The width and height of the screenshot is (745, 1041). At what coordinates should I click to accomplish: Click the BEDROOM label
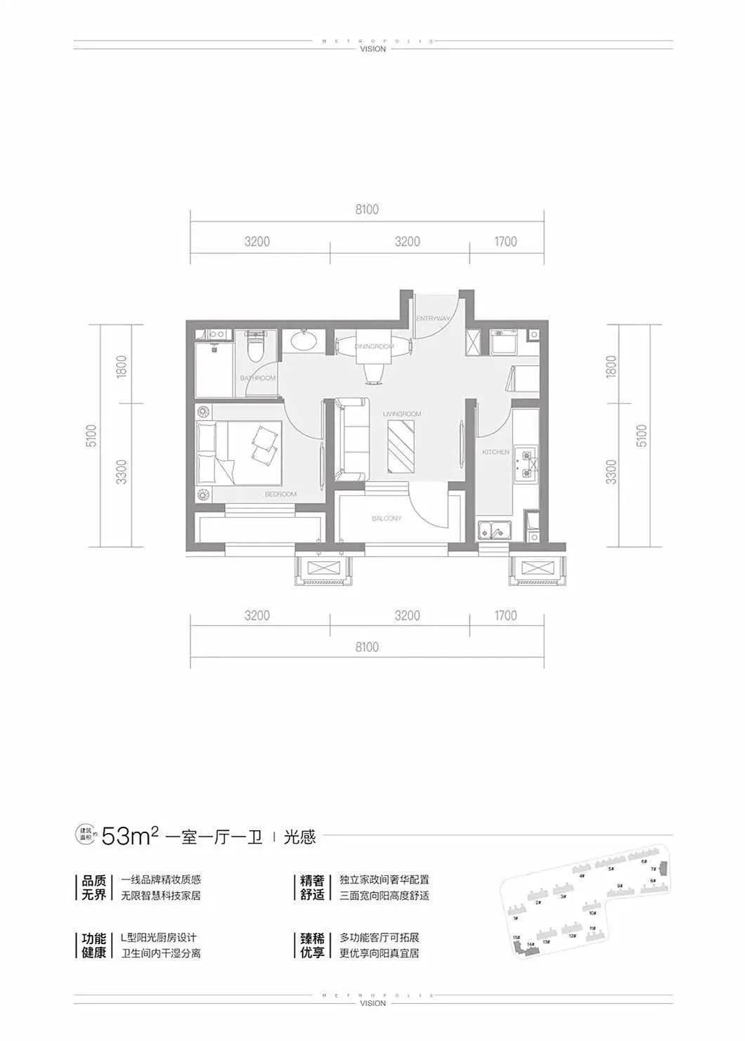pos(281,495)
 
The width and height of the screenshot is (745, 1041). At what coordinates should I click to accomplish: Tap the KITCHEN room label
pos(495,452)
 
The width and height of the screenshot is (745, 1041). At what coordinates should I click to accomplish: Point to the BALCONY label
pos(387,518)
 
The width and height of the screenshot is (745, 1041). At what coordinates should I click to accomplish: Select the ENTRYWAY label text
pos(432,319)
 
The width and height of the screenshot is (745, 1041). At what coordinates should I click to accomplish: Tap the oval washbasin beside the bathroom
pos(304,342)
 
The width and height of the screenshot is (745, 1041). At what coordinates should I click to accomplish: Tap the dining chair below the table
pos(373,373)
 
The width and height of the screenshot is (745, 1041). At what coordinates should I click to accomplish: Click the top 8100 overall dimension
pos(367,209)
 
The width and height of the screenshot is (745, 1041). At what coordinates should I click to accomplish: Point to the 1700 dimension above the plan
pos(505,242)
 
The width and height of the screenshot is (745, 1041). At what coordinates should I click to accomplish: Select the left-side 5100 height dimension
pos(93,435)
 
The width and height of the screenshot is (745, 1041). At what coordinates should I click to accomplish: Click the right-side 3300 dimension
pos(612,471)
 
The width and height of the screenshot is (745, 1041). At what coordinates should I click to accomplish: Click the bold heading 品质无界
pos(93,887)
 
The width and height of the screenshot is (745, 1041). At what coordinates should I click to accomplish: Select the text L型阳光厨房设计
pos(159,938)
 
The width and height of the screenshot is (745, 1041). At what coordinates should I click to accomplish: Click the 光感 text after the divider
pos(300,837)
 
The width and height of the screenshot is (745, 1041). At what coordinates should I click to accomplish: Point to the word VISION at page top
pos(372,49)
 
